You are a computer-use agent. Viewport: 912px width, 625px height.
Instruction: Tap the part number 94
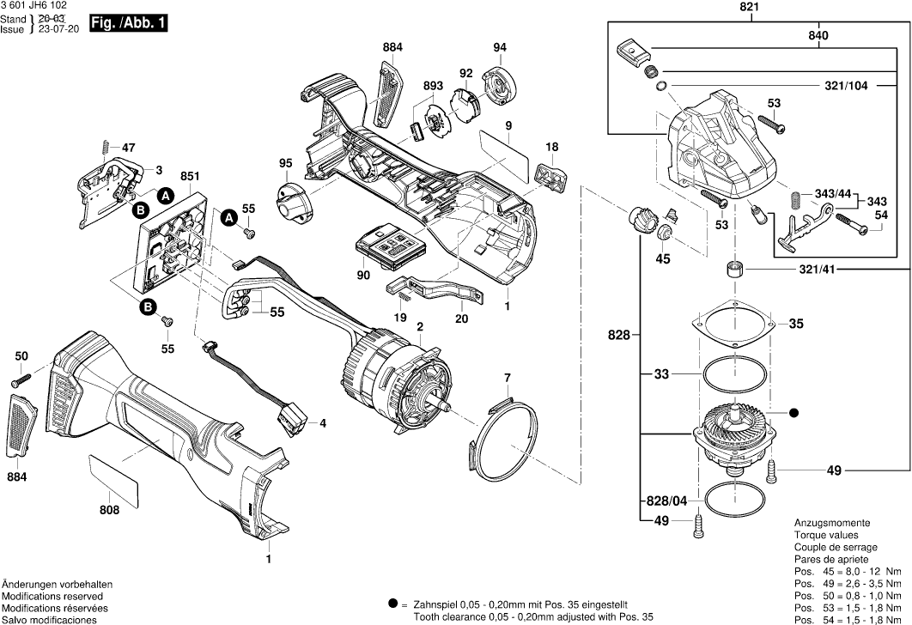click(x=500, y=46)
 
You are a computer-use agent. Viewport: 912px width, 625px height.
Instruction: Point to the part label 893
click(x=433, y=86)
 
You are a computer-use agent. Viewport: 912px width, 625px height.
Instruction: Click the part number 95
click(x=286, y=163)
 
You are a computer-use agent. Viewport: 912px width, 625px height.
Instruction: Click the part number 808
click(x=109, y=511)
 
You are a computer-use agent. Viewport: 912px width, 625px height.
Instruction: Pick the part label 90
click(x=363, y=275)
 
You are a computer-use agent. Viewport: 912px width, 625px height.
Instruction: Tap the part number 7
click(x=507, y=378)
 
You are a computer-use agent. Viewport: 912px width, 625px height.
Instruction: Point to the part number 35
click(x=796, y=325)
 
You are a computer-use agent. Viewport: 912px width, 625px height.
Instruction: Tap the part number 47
click(x=128, y=147)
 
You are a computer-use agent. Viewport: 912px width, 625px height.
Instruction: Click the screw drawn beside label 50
click(x=21, y=377)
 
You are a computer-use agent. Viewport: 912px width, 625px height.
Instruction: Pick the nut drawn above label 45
click(x=663, y=232)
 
